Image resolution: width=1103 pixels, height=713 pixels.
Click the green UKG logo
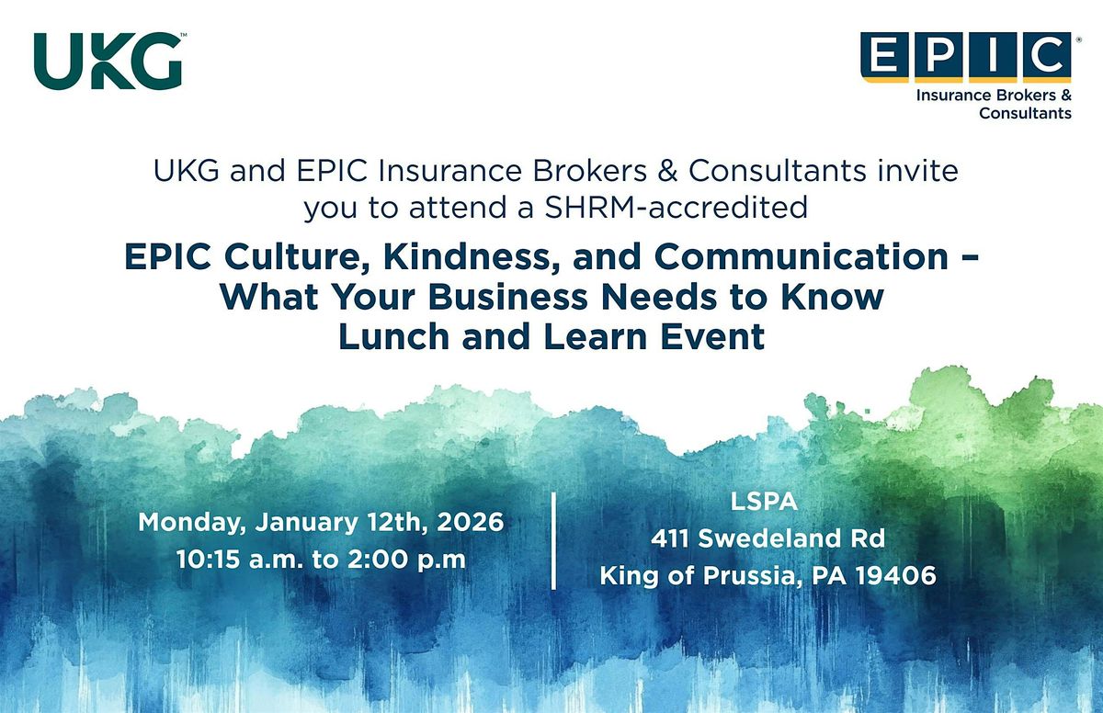[x=108, y=61]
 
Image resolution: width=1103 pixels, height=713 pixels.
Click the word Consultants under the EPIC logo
[x=1025, y=114]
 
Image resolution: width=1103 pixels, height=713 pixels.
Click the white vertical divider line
[x=554, y=540]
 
